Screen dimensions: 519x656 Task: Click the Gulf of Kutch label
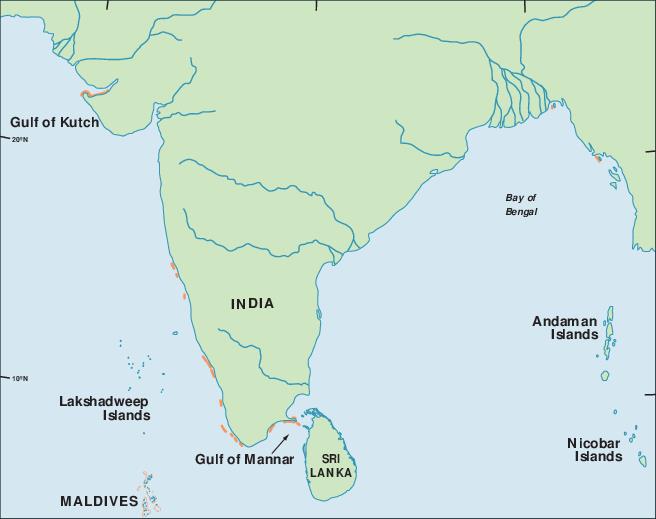click(x=55, y=123)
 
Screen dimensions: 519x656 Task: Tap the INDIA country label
click(x=252, y=304)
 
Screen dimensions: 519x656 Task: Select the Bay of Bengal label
click(x=521, y=205)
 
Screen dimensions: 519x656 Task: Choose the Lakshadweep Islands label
click(x=104, y=408)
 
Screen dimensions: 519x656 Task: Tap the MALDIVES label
click(x=99, y=501)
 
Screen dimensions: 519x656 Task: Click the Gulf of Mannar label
click(x=245, y=460)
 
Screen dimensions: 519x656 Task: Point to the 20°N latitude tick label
click(x=18, y=140)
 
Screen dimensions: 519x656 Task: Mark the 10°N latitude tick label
click(x=18, y=378)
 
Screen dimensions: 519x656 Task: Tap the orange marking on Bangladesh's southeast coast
click(x=598, y=157)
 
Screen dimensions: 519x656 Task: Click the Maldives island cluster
click(x=150, y=494)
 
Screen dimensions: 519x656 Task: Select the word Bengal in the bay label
click(x=521, y=212)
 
